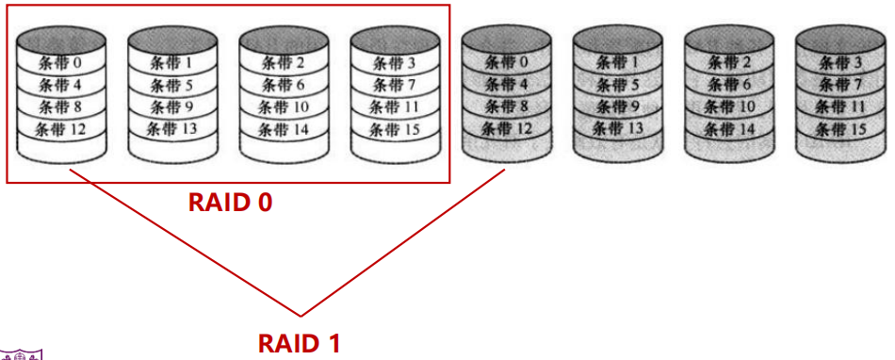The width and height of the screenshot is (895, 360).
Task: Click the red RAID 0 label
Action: coord(231,202)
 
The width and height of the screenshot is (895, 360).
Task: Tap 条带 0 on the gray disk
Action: coord(505,62)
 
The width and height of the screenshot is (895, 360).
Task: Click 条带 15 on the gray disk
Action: coord(838,127)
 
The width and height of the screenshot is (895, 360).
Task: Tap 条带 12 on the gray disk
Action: coord(505,127)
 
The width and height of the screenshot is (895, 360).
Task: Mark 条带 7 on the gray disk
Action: coord(838,84)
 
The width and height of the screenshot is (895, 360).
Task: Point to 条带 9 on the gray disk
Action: coord(616,106)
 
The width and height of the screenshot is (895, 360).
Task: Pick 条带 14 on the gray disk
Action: coord(727,127)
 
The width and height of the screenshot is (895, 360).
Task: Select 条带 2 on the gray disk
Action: coord(727,62)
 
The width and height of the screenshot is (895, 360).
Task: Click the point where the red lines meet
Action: coord(301,315)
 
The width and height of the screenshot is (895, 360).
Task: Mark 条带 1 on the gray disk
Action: coord(616,62)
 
